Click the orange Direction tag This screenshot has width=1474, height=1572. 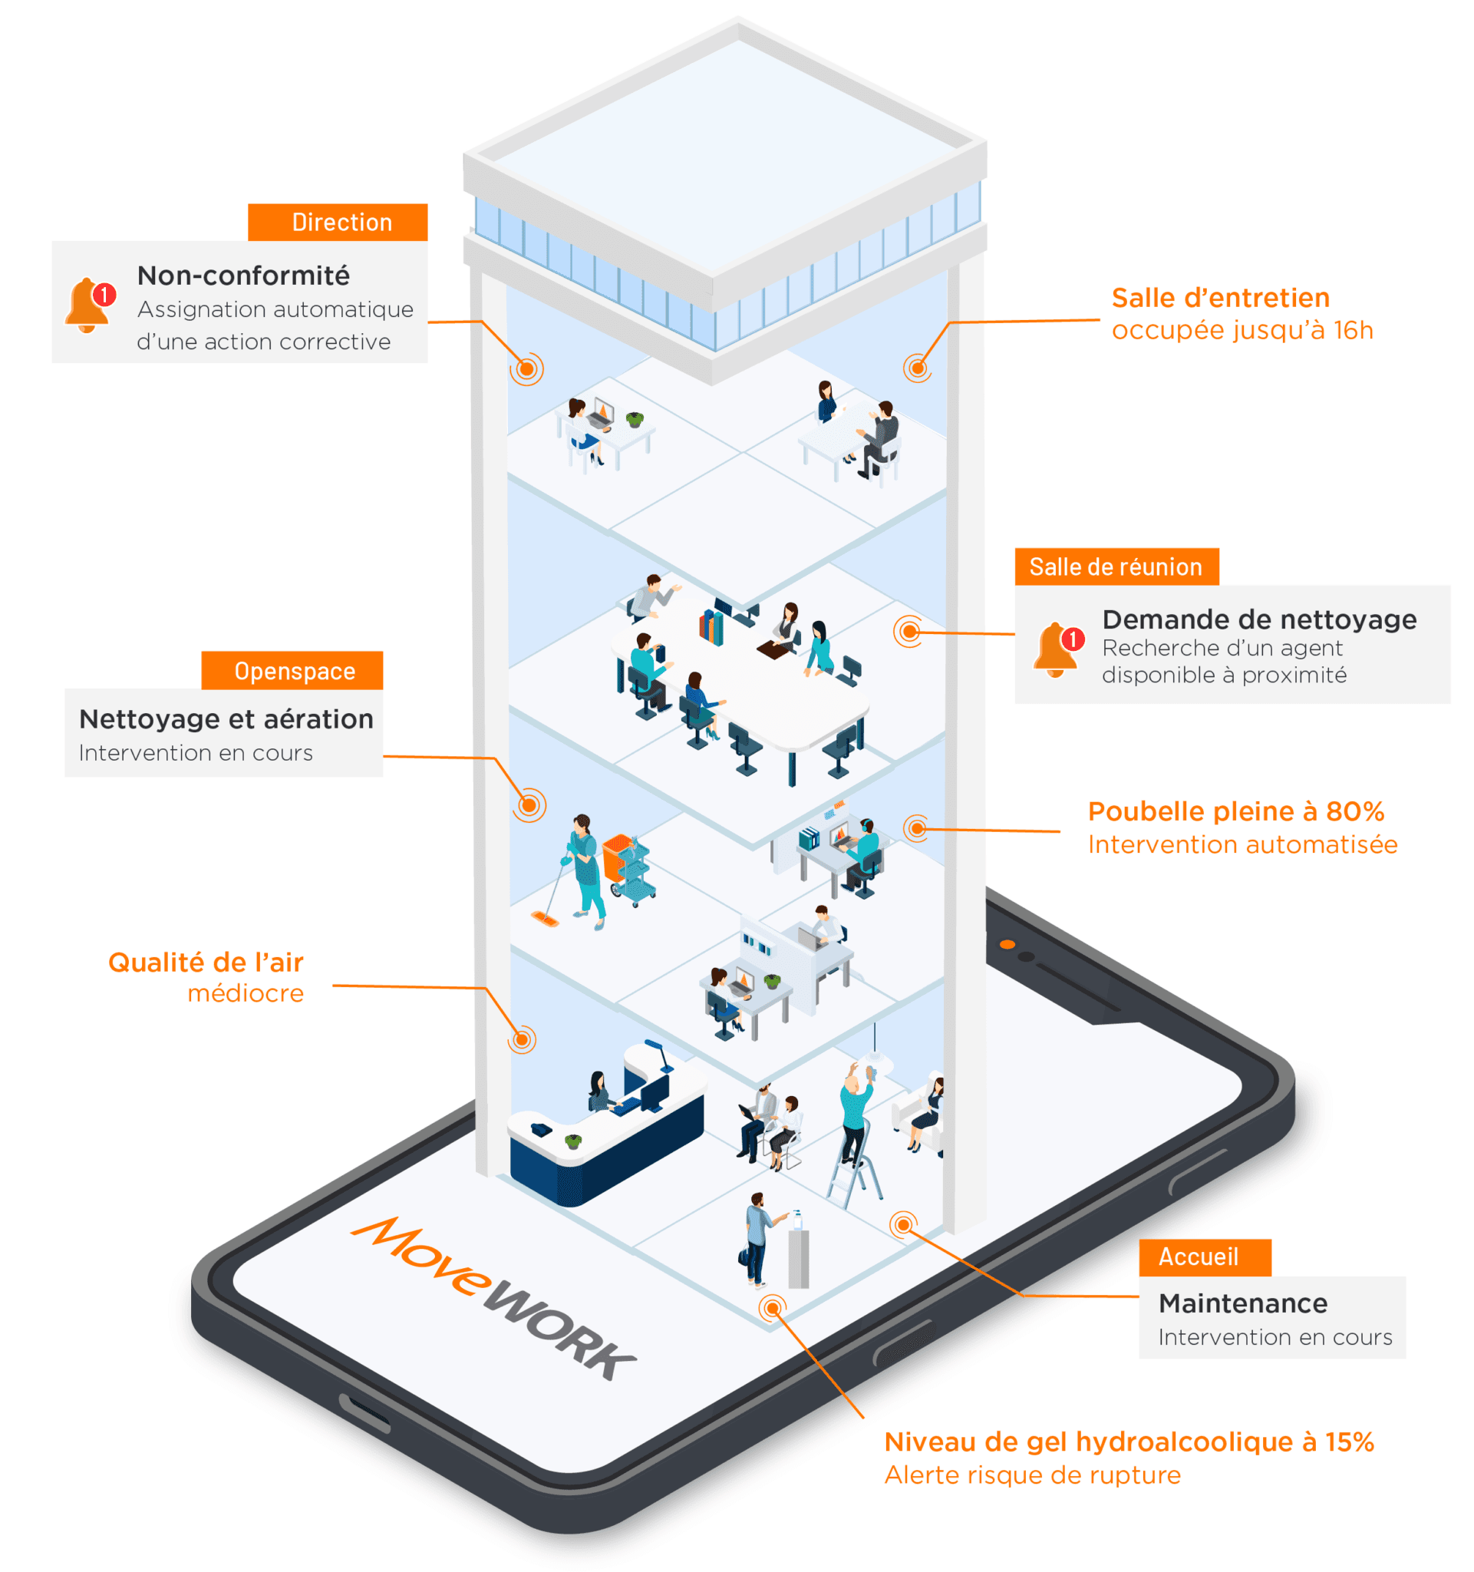338,222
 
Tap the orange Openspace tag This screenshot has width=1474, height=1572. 292,671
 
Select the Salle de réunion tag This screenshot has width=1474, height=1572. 1116,567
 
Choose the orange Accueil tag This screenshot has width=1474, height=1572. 1205,1257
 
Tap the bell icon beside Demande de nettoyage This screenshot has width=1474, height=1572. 1057,649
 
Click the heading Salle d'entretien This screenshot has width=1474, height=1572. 1220,298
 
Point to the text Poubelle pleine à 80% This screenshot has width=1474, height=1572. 1235,811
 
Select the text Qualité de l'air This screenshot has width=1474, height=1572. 206,963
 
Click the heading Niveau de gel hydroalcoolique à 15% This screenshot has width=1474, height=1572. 1129,1442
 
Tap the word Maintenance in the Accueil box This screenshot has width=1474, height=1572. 1242,1303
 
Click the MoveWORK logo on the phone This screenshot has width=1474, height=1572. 495,1296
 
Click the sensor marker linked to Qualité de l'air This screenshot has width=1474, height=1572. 522,1039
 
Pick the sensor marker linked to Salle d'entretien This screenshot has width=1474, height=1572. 918,368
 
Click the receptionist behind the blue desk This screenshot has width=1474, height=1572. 601,1092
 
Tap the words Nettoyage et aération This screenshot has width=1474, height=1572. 226,718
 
